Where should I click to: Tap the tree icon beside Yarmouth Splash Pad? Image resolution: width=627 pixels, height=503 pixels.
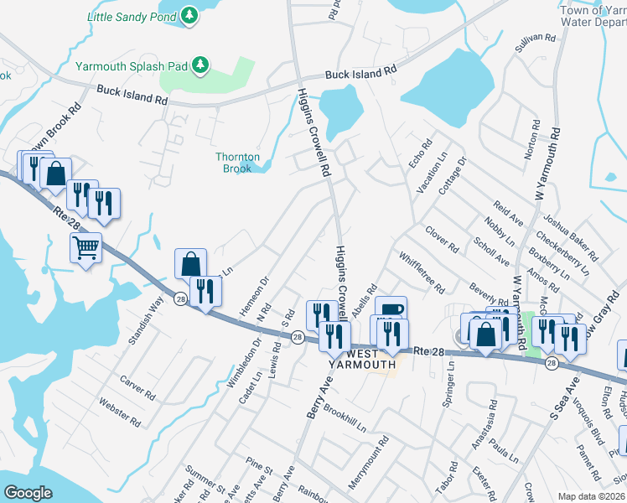[199, 65]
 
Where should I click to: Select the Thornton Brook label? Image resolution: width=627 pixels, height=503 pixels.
[238, 163]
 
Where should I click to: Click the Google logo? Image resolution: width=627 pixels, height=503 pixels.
[28, 493]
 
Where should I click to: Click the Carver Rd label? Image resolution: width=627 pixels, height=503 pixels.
[137, 387]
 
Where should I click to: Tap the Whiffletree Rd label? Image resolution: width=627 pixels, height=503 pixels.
[422, 272]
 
